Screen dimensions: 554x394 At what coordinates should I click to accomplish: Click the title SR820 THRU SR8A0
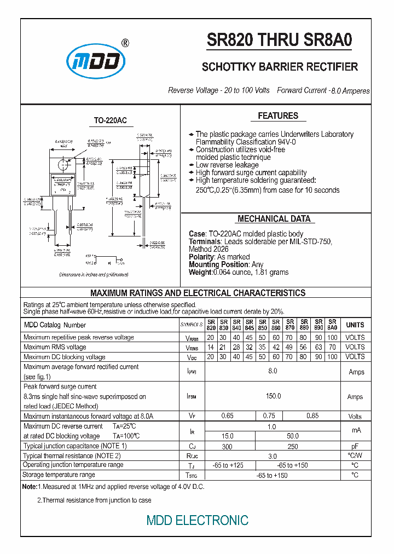coord(280,41)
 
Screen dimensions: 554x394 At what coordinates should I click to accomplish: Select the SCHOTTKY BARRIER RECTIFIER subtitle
coord(280,67)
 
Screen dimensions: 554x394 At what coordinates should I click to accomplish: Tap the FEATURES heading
coord(278,116)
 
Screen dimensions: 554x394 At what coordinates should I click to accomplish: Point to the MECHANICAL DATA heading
coord(274,219)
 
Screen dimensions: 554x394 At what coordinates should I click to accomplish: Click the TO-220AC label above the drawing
coord(110,120)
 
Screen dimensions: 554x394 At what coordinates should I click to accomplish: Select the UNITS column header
coord(355,325)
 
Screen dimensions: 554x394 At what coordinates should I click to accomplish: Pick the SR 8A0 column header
coord(332,325)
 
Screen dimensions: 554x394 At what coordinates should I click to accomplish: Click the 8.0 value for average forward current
coord(273,372)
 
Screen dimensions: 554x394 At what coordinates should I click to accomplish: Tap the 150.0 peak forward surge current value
coord(273,396)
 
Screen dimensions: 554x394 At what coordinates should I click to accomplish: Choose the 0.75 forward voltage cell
coord(269,416)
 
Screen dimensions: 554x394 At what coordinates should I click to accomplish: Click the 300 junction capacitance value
coord(227,446)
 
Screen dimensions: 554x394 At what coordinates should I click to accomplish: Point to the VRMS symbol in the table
coord(192,347)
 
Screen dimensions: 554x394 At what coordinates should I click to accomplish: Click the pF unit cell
coord(355,446)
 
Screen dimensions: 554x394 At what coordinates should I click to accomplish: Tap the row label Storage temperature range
coord(59,475)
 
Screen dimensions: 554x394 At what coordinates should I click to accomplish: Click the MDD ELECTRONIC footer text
coord(197,521)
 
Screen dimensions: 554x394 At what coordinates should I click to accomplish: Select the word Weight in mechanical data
coord(200,272)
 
